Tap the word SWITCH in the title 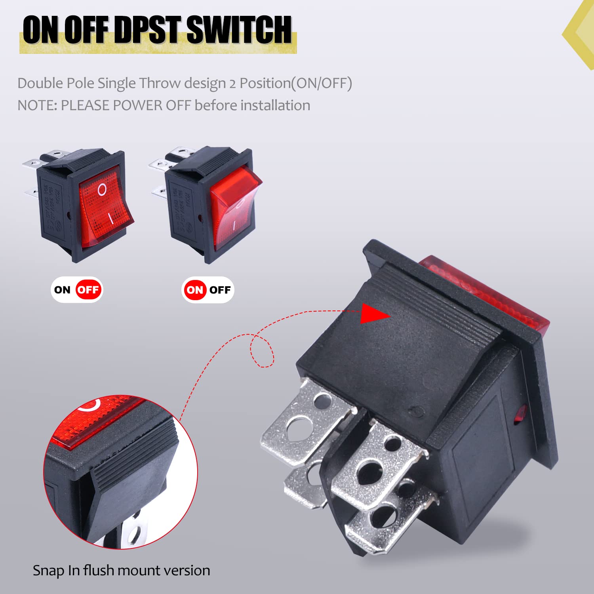pyautogui.click(x=239, y=30)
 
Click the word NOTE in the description pyautogui.click(x=36, y=106)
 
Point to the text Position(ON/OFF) pyautogui.click(x=296, y=84)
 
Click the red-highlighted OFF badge pyautogui.click(x=88, y=290)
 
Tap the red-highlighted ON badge pyautogui.click(x=194, y=290)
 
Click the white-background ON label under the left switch pyautogui.click(x=62, y=290)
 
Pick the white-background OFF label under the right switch pyautogui.click(x=220, y=290)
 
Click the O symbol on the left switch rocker pyautogui.click(x=102, y=190)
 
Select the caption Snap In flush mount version pyautogui.click(x=121, y=571)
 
